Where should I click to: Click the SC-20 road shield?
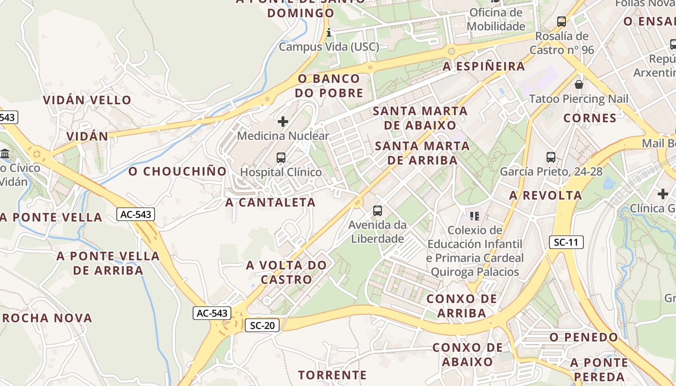tap(262, 325)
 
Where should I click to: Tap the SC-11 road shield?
tap(566, 242)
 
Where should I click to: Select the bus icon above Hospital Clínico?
tap(281, 157)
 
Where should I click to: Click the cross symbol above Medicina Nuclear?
tap(283, 122)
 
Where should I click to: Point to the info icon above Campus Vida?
tap(329, 33)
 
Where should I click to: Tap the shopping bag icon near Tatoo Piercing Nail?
tap(578, 85)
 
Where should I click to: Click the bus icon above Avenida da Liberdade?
tap(378, 210)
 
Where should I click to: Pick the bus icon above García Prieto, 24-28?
tap(551, 157)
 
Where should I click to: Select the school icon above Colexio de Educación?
tap(475, 216)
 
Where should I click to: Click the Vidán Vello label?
tap(87, 100)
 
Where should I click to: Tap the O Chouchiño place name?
tap(178, 171)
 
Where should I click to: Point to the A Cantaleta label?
tap(270, 202)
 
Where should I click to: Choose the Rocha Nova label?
tap(47, 318)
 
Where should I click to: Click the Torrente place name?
tap(332, 374)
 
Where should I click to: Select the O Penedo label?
tap(584, 337)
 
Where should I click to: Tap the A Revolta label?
tap(546, 195)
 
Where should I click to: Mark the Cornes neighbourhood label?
tap(590, 118)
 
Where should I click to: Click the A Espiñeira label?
tap(484, 66)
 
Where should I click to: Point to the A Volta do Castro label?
tap(286, 272)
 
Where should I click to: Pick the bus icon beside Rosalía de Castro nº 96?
tap(561, 21)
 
